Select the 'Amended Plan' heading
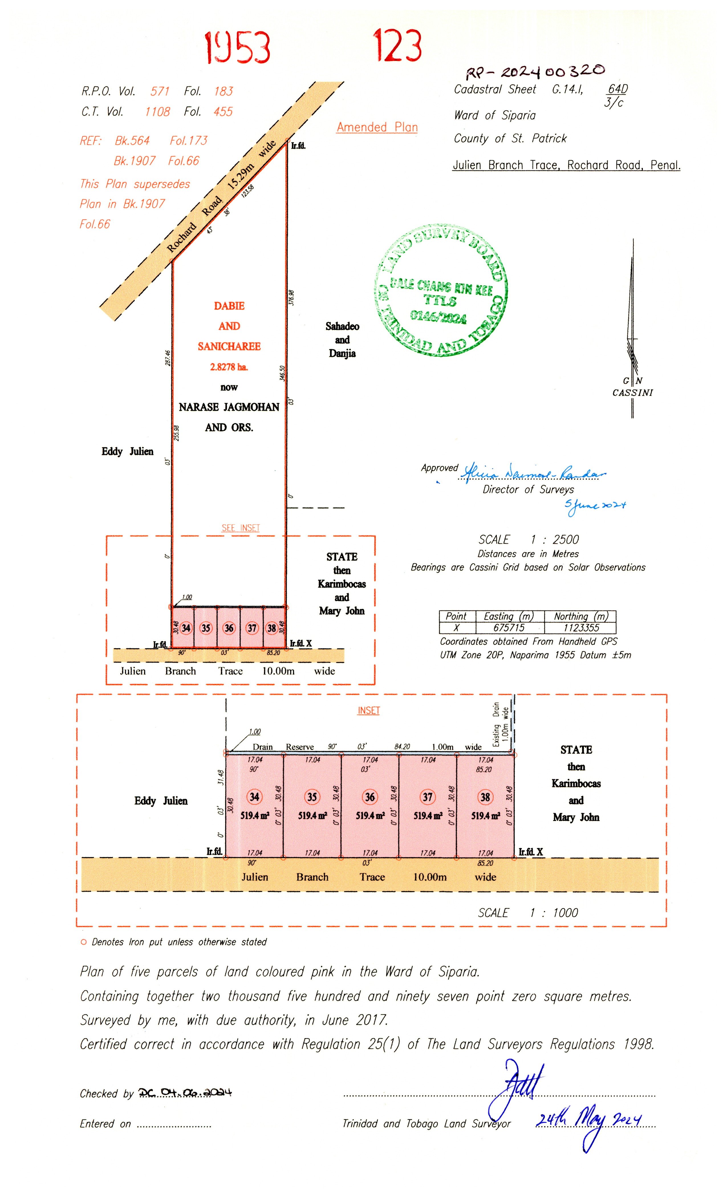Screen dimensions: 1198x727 [x=377, y=128]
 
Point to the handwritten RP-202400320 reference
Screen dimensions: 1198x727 [x=535, y=72]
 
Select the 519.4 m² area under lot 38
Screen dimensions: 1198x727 [x=485, y=816]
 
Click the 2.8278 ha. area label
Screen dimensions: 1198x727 [x=229, y=367]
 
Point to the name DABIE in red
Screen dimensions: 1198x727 [x=229, y=306]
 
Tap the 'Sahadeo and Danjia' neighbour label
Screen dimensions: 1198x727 [x=342, y=339]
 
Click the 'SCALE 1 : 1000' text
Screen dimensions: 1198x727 [x=528, y=912]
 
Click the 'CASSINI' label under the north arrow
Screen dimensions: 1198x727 [x=632, y=392]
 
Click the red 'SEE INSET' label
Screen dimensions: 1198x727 [x=241, y=527]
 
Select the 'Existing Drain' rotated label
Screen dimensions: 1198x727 [x=496, y=725]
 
